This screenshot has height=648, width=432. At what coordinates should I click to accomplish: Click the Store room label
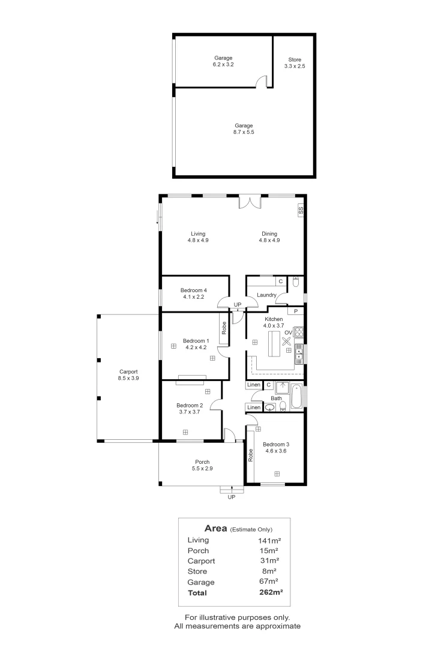295,59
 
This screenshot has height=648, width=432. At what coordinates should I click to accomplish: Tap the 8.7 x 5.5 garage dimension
244,132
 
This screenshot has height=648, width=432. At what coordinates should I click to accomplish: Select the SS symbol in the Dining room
301,211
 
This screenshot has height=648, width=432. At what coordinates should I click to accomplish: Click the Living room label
198,233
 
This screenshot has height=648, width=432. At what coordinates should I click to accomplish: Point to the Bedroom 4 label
193,290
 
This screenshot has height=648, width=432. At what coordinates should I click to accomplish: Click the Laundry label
266,295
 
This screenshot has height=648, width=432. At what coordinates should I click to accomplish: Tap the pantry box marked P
296,311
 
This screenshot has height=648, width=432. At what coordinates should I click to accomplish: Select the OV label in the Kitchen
289,332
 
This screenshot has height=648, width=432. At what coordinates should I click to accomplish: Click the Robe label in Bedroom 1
224,328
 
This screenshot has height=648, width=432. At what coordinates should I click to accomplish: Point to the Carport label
128,371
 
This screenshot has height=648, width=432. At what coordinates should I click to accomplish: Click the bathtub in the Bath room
297,397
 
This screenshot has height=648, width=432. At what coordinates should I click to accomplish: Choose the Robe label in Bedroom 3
250,455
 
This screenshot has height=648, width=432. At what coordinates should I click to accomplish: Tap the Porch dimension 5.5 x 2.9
202,469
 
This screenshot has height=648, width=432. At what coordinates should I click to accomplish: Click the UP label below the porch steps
232,497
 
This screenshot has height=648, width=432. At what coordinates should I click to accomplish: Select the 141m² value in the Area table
269,540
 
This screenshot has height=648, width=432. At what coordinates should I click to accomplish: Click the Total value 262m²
271,592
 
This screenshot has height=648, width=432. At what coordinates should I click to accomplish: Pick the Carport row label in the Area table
202,561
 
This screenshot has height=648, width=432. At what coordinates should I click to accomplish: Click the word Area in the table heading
216,529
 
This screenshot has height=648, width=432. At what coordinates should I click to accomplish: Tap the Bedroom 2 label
190,406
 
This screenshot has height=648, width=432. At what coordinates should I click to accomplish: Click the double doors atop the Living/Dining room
250,202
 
